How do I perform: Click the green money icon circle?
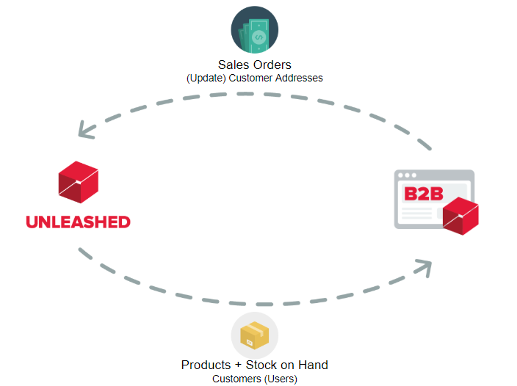(255, 29)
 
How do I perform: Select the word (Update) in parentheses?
(206, 79)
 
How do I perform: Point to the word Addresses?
(299, 78)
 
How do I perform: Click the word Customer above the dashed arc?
(250, 78)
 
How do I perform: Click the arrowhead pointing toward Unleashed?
(86, 130)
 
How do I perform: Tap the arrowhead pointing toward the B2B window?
(424, 268)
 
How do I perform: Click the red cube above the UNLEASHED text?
(78, 182)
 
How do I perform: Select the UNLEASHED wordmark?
(78, 222)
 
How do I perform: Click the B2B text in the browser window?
(424, 194)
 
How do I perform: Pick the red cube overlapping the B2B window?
(460, 216)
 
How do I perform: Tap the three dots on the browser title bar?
(407, 175)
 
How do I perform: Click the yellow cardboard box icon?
(255, 335)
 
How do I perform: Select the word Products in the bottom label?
(206, 365)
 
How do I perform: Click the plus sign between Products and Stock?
(238, 365)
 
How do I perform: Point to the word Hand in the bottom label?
(314, 365)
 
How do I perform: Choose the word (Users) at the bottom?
(281, 379)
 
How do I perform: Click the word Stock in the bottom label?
(261, 365)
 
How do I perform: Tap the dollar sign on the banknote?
(258, 37)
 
